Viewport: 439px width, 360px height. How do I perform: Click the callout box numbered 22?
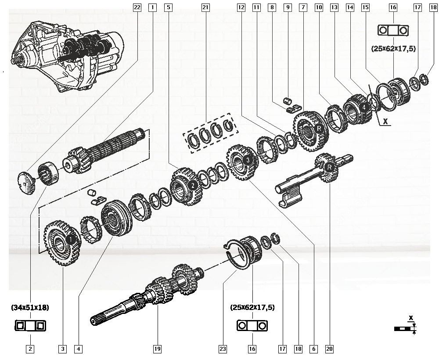137,7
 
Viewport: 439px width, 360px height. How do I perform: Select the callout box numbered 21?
205,7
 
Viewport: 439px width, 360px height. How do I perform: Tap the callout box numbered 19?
157,349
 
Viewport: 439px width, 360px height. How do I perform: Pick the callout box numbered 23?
223,349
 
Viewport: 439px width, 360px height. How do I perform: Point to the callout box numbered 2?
30,349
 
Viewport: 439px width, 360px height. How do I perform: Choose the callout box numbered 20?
329,349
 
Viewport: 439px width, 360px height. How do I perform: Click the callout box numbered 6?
313,349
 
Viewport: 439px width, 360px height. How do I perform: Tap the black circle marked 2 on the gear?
192,185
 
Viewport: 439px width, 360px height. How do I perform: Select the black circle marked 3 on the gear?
248,161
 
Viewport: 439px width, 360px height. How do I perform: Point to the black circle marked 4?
363,107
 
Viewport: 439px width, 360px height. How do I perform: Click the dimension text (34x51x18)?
30,308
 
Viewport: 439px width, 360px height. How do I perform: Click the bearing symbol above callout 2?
30,326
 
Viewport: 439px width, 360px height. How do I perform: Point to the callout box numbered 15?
364,7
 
